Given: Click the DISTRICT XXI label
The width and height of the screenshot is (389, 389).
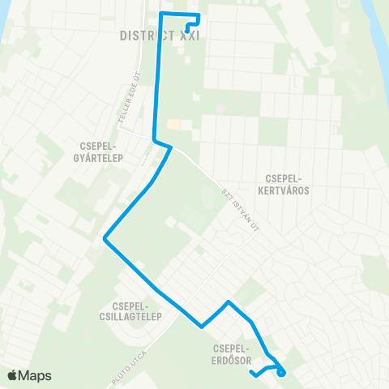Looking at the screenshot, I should point(159,36).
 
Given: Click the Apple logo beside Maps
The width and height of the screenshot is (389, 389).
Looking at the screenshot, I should point(13,375).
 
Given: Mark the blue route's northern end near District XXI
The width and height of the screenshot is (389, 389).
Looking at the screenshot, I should point(187,31).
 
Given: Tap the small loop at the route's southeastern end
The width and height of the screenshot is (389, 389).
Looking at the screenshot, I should point(281,371).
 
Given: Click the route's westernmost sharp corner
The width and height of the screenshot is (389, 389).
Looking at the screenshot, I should point(105,239).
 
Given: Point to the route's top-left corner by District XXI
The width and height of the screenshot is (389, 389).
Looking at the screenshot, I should point(160,15).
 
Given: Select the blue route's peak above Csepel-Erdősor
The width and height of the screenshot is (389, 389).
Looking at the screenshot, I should point(229,302).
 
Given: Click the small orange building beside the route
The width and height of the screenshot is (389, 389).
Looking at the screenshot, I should point(173,125).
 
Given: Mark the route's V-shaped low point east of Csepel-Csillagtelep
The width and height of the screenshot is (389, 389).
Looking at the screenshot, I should point(202,327).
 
